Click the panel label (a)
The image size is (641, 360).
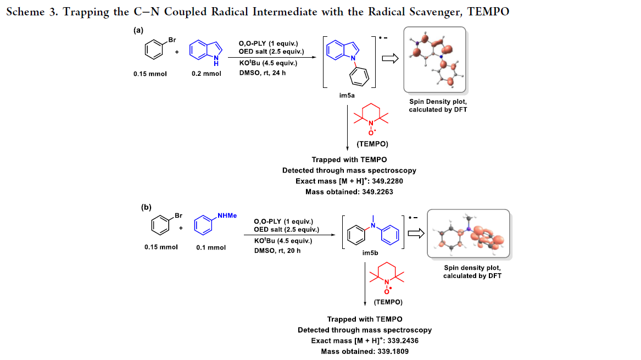coord(139,31)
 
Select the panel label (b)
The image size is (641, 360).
coord(146,207)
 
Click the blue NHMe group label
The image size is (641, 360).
coord(227,215)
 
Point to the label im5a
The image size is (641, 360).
coord(347,96)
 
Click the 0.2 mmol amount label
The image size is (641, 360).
coord(207,73)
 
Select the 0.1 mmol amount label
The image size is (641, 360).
coord(211,247)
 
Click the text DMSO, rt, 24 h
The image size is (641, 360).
coord(263,73)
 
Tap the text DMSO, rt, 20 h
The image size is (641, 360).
coord(277,251)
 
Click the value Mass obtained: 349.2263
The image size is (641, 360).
coord(349,192)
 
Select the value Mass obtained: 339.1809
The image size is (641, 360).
coord(365,351)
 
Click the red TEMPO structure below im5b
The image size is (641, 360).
coord(387,277)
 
